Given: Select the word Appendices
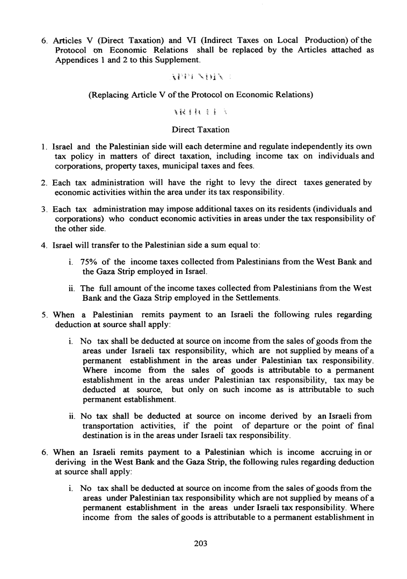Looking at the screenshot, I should [x=79, y=60].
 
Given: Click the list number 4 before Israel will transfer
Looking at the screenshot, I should [x=44, y=245].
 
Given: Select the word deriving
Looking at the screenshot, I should [x=72, y=461].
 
